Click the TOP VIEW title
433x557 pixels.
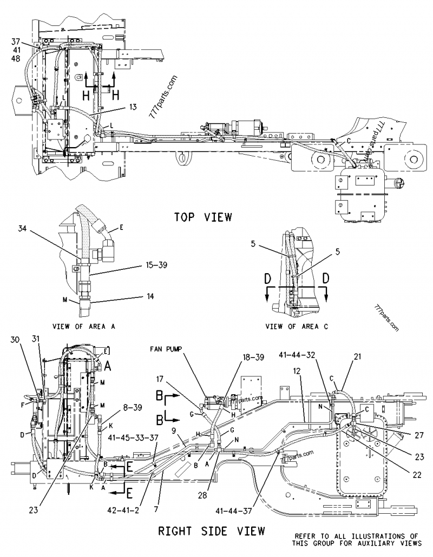click(203, 217)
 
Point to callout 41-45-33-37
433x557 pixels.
click(130, 436)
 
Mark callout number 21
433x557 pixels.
click(357, 356)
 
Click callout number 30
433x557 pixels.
click(15, 339)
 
